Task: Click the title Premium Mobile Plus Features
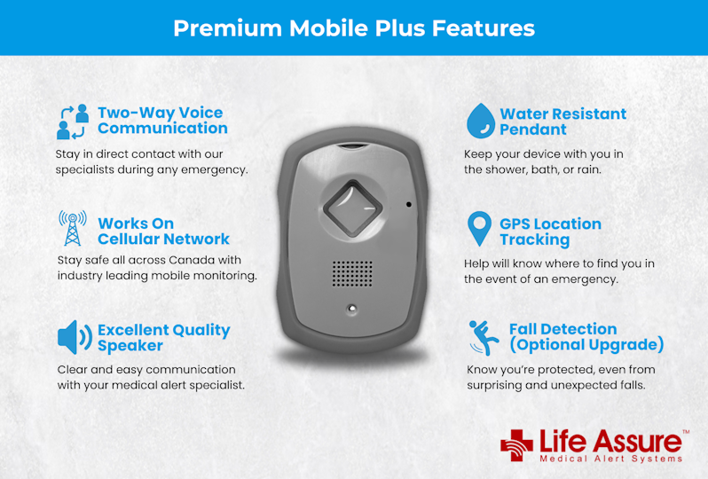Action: click(353, 27)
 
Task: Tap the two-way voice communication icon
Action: click(73, 122)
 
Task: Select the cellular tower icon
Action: click(73, 229)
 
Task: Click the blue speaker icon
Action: click(75, 337)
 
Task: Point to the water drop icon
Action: click(480, 121)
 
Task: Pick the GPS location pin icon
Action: click(479, 230)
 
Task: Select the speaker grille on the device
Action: click(352, 274)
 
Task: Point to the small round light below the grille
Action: click(352, 309)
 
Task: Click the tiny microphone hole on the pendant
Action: click(408, 205)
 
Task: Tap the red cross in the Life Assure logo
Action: click(517, 444)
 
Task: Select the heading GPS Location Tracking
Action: click(550, 232)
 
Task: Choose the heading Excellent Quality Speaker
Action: click(163, 337)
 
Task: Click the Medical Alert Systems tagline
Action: click(610, 459)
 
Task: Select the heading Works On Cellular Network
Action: click(163, 232)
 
